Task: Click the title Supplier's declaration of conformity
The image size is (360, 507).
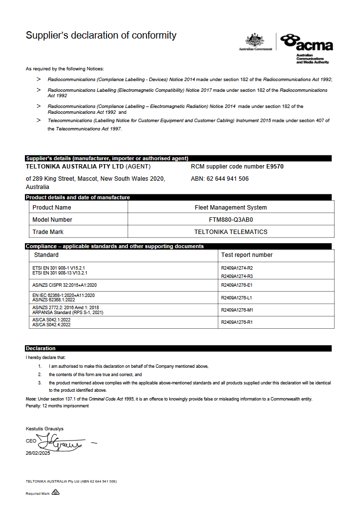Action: (x=101, y=35)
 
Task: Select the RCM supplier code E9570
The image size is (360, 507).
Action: (x=275, y=167)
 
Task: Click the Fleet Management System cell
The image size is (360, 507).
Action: (x=231, y=208)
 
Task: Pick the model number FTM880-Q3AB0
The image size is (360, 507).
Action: (x=231, y=220)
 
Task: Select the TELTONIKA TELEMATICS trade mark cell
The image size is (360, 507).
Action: (x=231, y=232)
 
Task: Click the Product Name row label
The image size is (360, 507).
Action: (x=52, y=208)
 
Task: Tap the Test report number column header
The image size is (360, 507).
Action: (x=247, y=255)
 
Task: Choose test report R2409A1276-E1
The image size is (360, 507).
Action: (x=237, y=285)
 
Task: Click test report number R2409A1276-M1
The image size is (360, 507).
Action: (x=237, y=310)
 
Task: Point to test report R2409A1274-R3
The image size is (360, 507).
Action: (x=237, y=276)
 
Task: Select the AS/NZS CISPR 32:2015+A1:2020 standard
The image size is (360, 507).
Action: (x=64, y=285)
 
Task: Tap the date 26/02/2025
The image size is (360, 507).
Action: (x=38, y=453)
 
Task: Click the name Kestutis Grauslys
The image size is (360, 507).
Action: (x=44, y=429)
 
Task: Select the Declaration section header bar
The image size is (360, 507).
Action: (x=178, y=348)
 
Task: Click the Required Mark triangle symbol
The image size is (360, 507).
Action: (x=55, y=492)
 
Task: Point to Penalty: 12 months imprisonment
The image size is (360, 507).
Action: (x=57, y=406)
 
